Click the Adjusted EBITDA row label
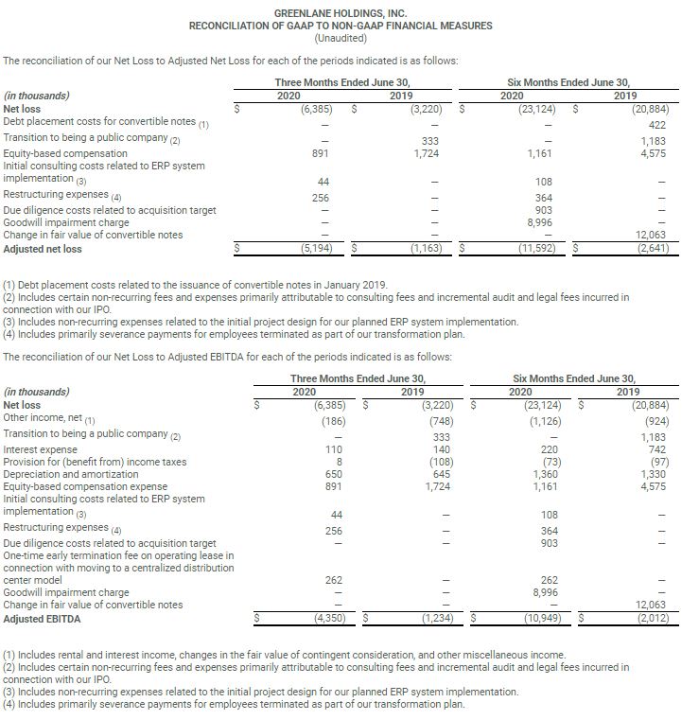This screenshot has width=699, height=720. (43, 619)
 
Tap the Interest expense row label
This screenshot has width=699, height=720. (41, 449)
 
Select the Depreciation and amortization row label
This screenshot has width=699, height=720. (65, 474)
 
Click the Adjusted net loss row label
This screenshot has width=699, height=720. (43, 249)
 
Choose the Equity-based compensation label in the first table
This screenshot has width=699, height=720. (65, 153)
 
